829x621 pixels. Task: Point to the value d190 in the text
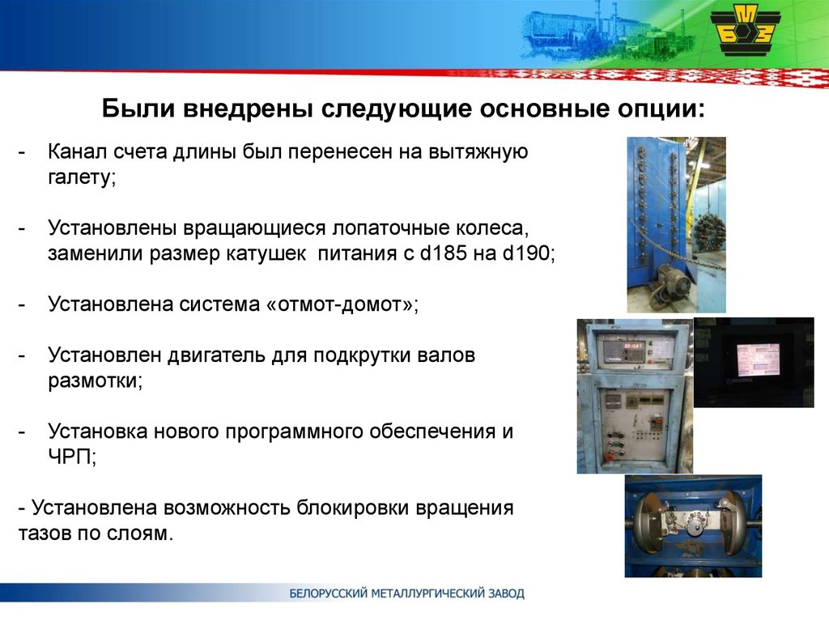(x=527, y=253)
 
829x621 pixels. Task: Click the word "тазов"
(x=45, y=534)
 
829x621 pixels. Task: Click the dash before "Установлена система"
(x=22, y=304)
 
